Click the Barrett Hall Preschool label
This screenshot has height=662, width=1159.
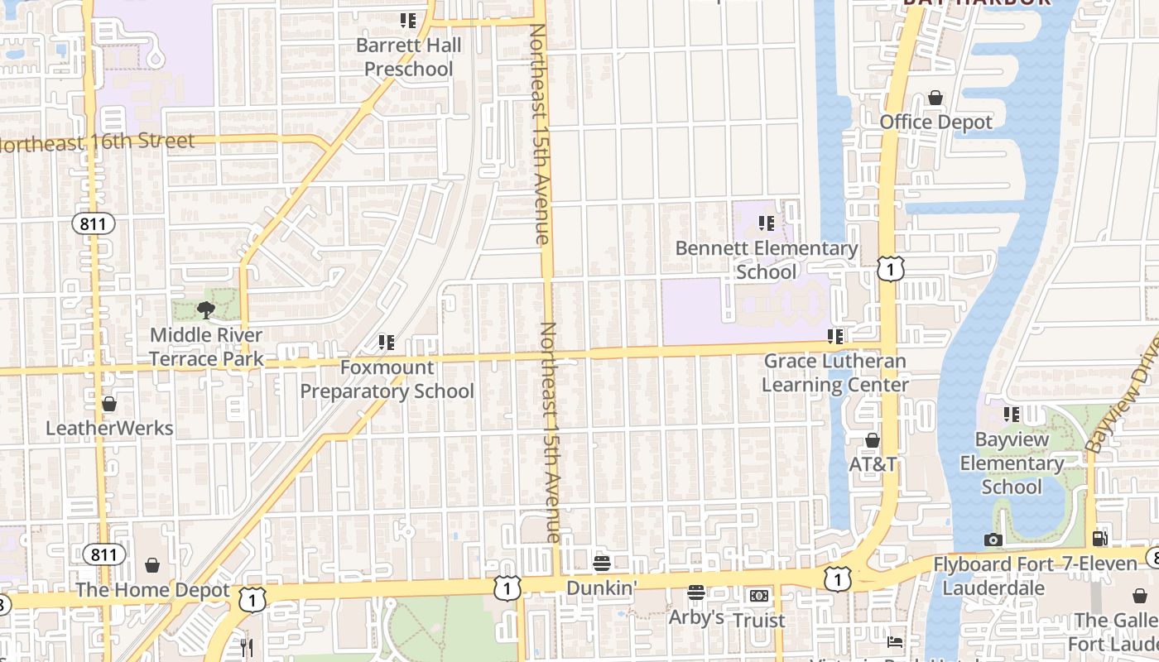(408, 57)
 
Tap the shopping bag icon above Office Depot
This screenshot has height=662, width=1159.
(935, 98)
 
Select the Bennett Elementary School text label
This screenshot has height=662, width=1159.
(767, 260)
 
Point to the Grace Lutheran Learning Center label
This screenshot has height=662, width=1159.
(834, 373)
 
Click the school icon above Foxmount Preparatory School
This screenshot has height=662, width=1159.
(386, 342)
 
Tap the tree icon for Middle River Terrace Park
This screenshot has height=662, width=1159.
(206, 310)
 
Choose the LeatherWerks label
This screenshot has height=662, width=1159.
(109, 428)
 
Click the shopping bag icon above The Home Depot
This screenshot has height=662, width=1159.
(152, 565)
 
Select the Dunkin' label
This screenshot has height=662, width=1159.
(602, 587)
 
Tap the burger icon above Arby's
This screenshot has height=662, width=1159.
(695, 592)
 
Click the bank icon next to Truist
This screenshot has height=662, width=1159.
(758, 596)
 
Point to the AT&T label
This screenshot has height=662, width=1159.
(873, 464)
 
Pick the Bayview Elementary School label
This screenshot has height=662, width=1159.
(1011, 463)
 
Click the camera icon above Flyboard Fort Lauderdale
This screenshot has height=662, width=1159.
(993, 540)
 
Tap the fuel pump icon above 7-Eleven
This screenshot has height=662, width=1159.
(1099, 539)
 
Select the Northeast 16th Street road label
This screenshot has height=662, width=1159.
(98, 142)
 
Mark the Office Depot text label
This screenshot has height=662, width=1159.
(935, 122)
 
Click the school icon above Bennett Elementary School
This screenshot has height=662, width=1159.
(767, 223)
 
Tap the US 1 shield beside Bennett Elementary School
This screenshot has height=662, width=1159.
(890, 269)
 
